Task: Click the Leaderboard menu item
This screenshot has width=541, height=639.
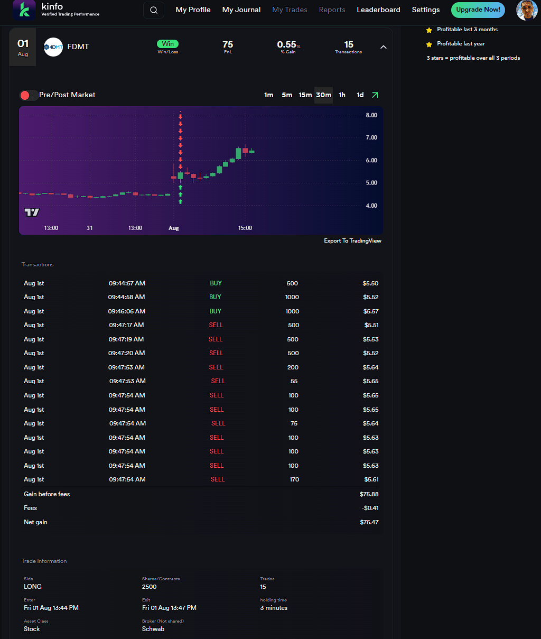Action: [x=378, y=10]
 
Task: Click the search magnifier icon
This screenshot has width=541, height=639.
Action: [x=154, y=10]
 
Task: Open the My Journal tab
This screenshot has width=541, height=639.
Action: [x=241, y=10]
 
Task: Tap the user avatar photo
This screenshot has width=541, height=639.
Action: [x=526, y=10]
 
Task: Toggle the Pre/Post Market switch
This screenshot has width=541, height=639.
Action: [x=29, y=95]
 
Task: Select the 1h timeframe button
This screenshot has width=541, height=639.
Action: [x=342, y=95]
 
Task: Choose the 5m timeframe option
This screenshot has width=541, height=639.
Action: [x=287, y=95]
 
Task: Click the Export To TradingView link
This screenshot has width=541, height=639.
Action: [x=352, y=240]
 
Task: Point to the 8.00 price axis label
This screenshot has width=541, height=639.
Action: [x=371, y=115]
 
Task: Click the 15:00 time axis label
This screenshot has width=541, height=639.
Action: [x=245, y=228]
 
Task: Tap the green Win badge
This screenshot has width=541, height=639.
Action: [x=167, y=44]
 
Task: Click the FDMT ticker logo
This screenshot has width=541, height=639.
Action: [x=53, y=47]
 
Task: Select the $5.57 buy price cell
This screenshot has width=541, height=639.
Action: [x=370, y=311]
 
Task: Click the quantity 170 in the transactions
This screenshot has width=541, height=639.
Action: [x=294, y=479]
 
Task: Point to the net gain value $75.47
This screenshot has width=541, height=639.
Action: [x=369, y=522]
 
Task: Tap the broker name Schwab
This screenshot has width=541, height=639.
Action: [x=153, y=629]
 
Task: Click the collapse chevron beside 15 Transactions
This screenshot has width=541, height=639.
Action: [x=384, y=47]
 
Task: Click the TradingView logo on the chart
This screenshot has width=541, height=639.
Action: [x=32, y=212]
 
